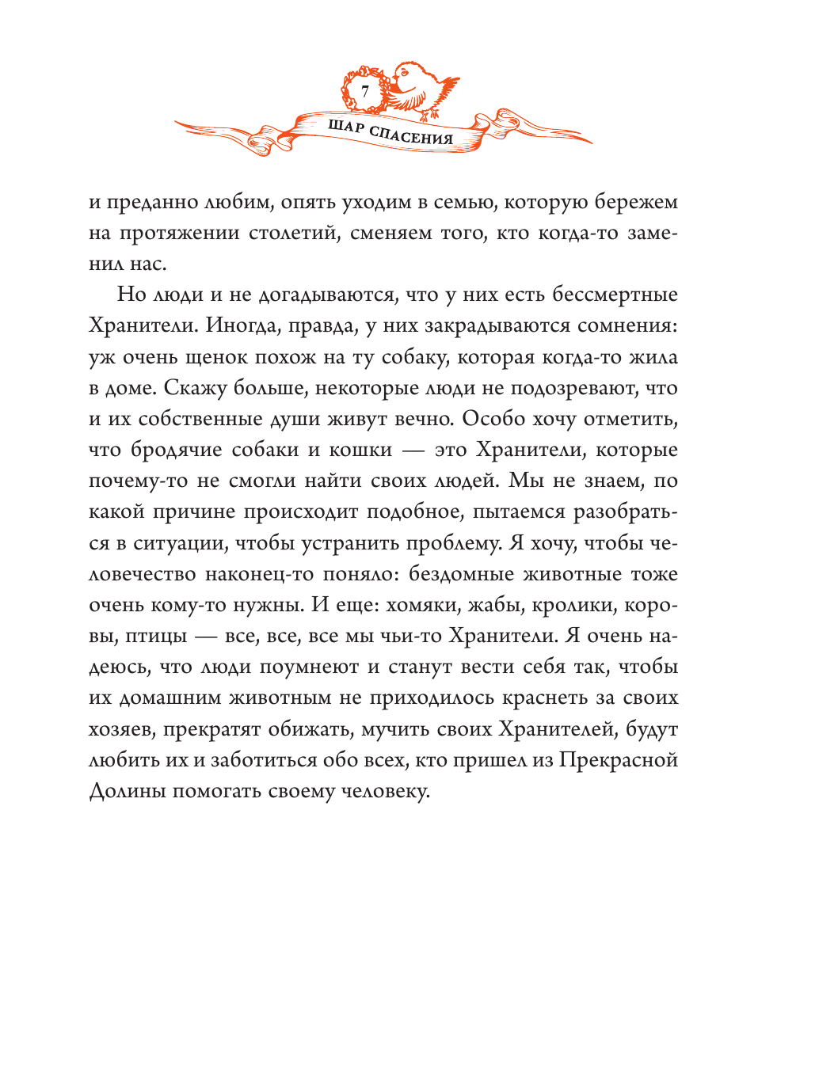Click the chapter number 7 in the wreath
pos(365,92)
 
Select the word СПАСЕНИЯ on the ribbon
pos(411,135)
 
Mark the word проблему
pos(454,543)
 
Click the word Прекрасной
pos(619,760)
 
